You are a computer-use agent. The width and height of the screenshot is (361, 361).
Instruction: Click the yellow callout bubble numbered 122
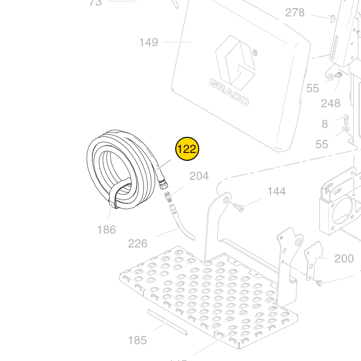pos(187,149)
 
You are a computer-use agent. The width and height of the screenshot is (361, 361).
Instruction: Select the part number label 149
pos(149,42)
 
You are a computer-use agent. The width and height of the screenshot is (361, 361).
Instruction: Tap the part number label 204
pos(199,176)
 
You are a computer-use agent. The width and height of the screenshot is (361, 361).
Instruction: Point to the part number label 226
pos(138,244)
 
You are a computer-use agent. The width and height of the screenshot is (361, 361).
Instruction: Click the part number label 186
pos(106,230)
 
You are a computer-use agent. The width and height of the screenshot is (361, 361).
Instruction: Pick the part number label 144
pos(277,191)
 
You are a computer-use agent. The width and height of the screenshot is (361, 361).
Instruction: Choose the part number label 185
pos(137,340)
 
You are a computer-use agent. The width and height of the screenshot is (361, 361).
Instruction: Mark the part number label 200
pos(344,259)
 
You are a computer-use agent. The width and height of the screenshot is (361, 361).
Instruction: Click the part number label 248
pos(330,103)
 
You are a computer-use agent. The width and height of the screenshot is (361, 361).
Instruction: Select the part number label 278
pos(295,12)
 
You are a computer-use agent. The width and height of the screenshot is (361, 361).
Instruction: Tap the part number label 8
pos(325,124)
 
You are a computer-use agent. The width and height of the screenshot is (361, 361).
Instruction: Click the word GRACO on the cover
pos(229,93)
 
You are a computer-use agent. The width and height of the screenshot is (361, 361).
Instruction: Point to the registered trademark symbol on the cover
pos(255,53)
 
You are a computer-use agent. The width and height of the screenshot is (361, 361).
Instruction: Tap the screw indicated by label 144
pos(239,207)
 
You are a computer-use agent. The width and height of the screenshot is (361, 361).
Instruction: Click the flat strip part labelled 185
pos(167,322)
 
